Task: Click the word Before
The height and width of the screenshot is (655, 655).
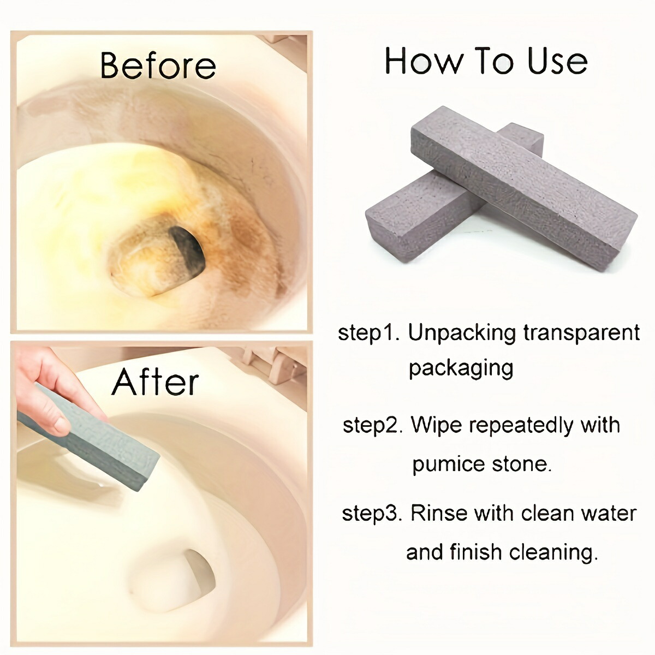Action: [158, 65]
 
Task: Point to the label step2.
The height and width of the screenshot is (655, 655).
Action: [373, 426]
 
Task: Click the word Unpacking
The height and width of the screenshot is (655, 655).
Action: [462, 334]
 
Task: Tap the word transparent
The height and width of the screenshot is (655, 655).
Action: [581, 334]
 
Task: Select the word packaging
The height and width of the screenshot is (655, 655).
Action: [461, 369]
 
